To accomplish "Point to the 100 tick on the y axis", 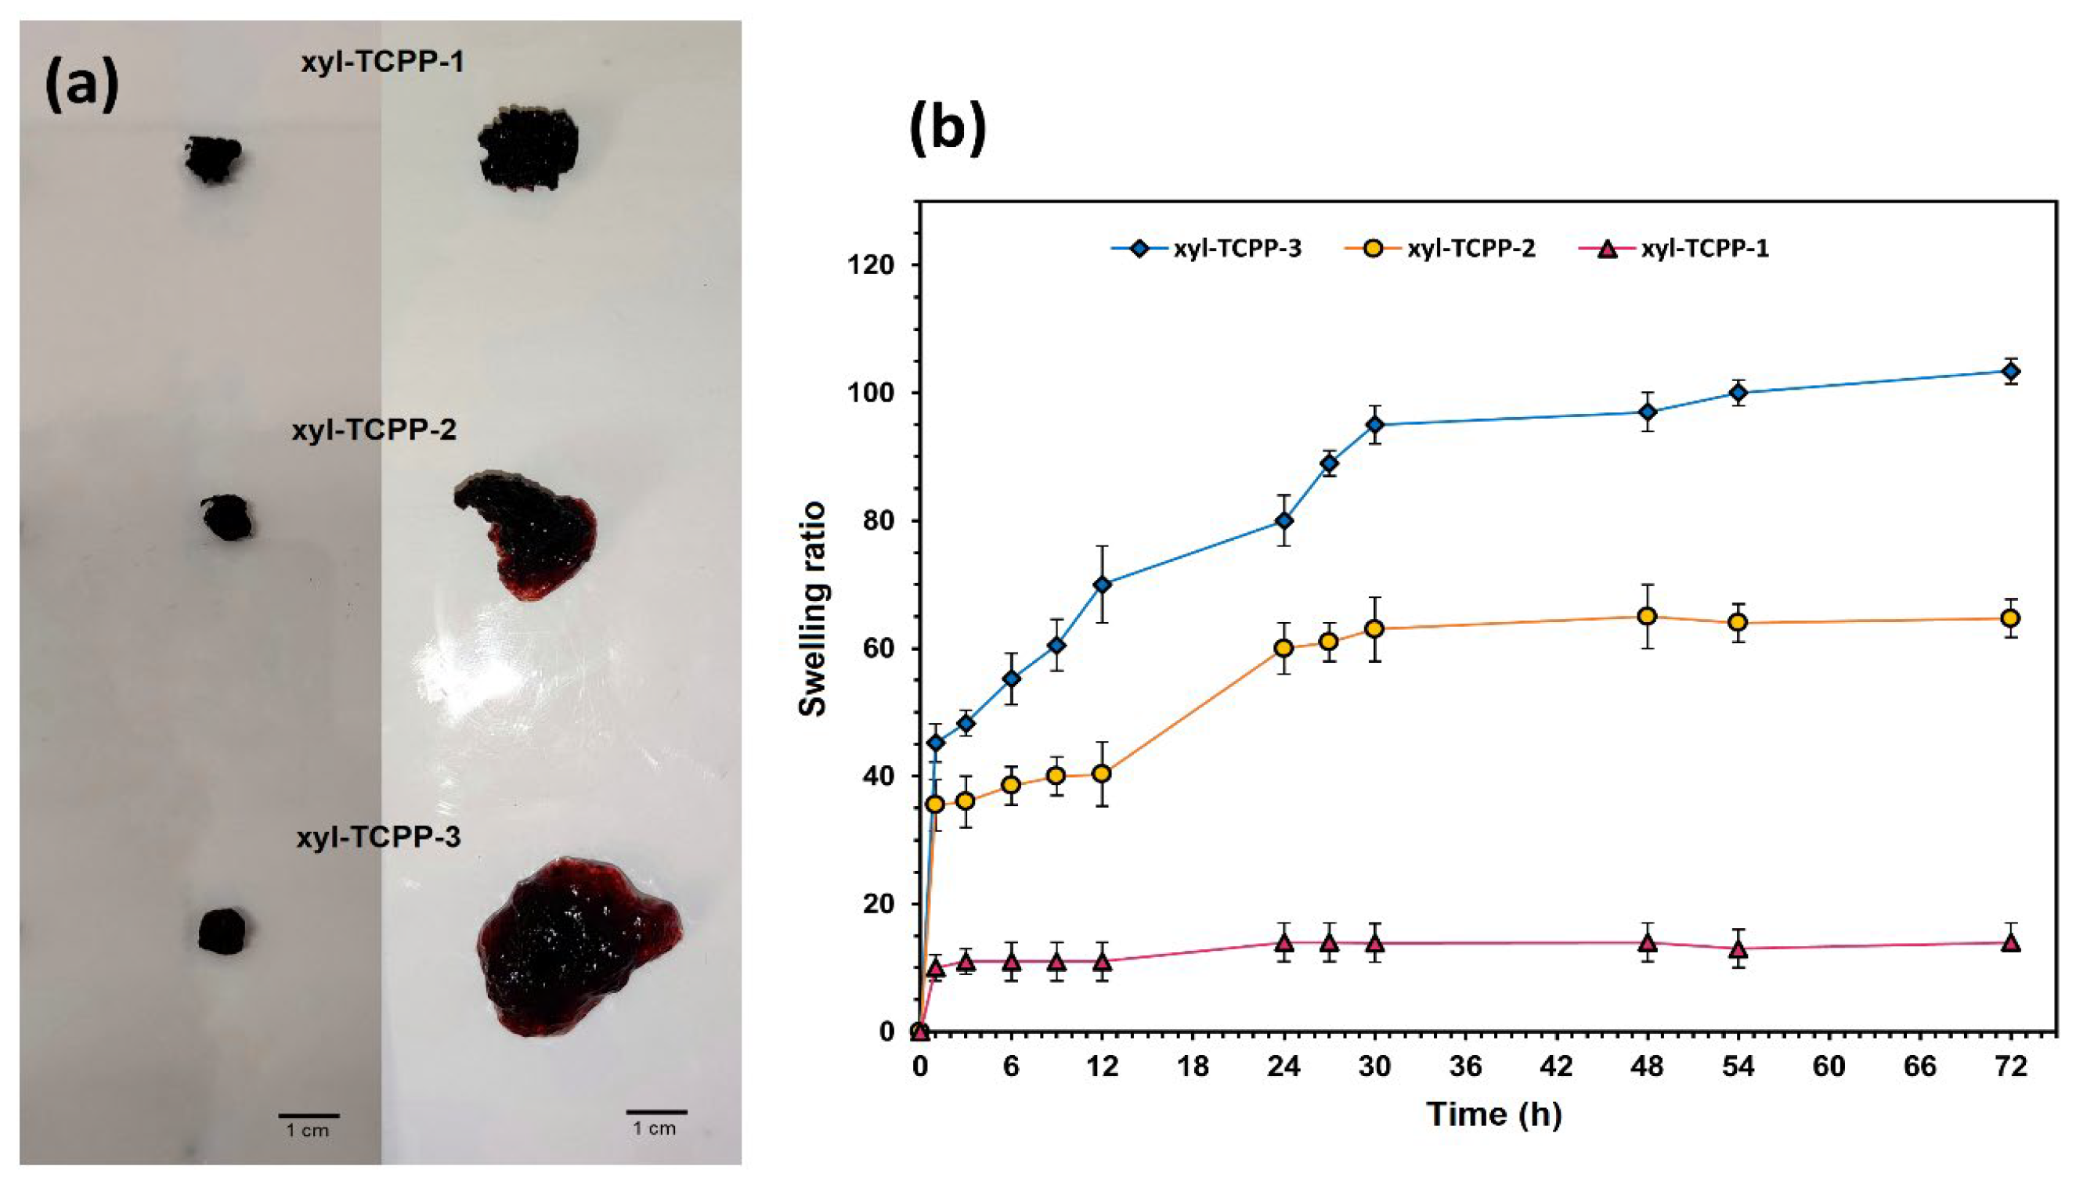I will pos(878,393).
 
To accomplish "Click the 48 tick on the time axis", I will pos(1648,1066).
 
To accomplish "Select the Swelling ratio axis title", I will pos(813,610).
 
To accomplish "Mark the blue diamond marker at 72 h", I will pos(2011,372).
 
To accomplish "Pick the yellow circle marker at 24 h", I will pos(1284,648).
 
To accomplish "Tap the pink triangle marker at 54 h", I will pos(1738,949).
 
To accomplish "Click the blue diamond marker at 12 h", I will pos(1103,584).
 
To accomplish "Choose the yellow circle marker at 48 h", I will pos(1648,617).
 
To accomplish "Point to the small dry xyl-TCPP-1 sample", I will pos(212,159).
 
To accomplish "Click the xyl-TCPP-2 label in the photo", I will pos(374,430).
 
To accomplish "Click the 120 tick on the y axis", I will pos(878,265).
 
